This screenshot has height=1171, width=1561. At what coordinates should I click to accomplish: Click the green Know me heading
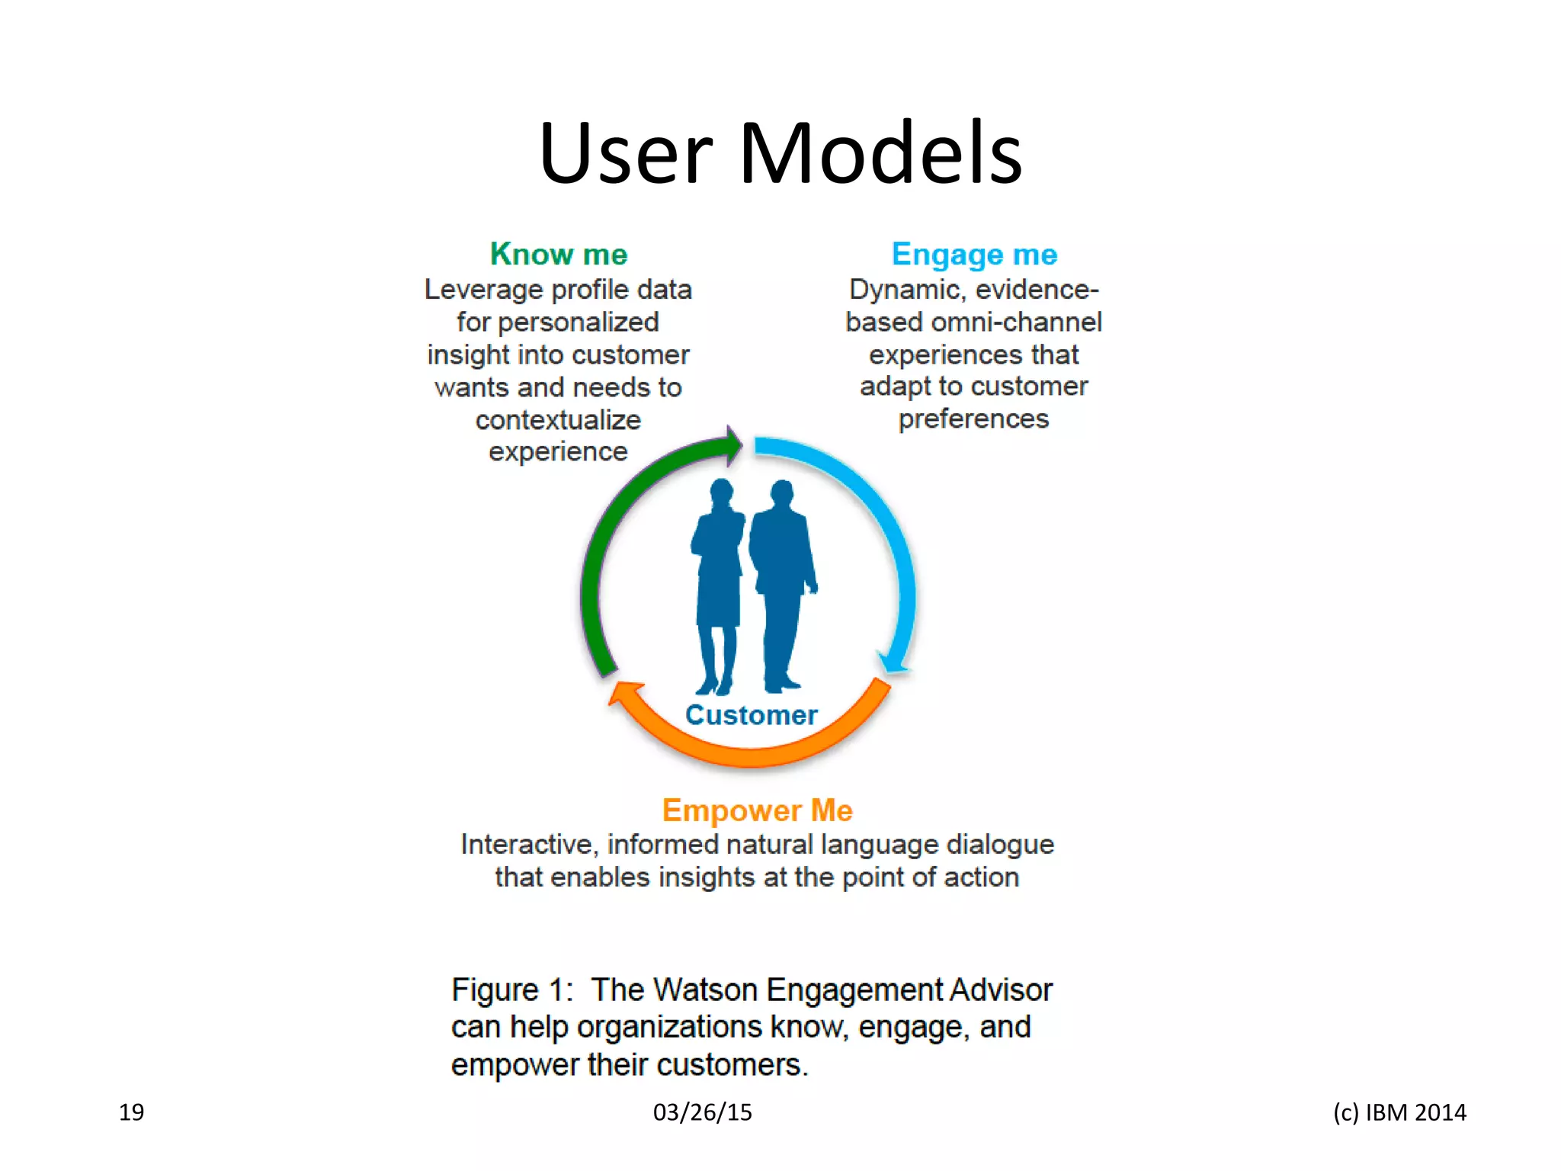(x=559, y=255)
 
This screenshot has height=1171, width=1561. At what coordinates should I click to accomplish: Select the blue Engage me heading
(x=974, y=255)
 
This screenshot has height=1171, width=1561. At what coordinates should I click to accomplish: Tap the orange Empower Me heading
(x=757, y=810)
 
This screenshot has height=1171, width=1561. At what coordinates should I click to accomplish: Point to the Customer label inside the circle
(x=751, y=715)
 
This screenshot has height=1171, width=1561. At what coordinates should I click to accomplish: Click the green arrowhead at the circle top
(x=733, y=445)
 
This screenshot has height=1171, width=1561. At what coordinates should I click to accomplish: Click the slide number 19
(x=131, y=1112)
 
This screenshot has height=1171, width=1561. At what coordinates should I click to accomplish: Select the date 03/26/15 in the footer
(x=702, y=1112)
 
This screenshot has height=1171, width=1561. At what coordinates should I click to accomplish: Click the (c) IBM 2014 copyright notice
(x=1399, y=1112)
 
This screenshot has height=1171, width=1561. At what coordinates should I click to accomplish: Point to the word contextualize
(x=558, y=420)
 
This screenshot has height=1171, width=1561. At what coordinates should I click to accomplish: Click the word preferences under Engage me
(x=973, y=419)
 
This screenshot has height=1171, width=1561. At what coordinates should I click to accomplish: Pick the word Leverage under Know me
(x=482, y=290)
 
